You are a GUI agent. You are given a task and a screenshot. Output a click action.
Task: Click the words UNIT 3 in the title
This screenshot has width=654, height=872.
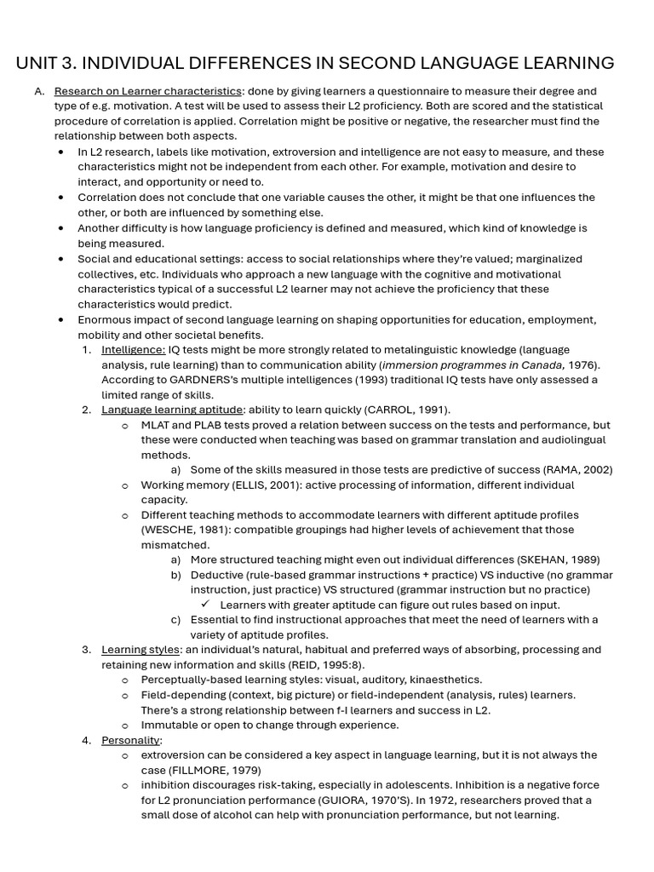click(42, 63)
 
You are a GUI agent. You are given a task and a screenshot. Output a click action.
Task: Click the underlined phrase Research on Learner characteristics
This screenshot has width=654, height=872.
click(147, 91)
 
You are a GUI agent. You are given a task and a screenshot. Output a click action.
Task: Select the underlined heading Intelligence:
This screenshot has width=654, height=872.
click(133, 349)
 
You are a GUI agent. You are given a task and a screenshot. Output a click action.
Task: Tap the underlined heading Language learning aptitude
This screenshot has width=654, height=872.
click(171, 410)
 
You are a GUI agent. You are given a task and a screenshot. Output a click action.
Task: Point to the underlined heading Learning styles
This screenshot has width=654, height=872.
click(140, 650)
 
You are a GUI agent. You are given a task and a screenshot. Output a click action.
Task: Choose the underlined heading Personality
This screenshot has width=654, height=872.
click(130, 740)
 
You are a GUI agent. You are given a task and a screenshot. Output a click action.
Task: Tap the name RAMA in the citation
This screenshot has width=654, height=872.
click(563, 470)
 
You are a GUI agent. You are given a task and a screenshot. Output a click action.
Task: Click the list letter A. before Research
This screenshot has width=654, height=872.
click(39, 91)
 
